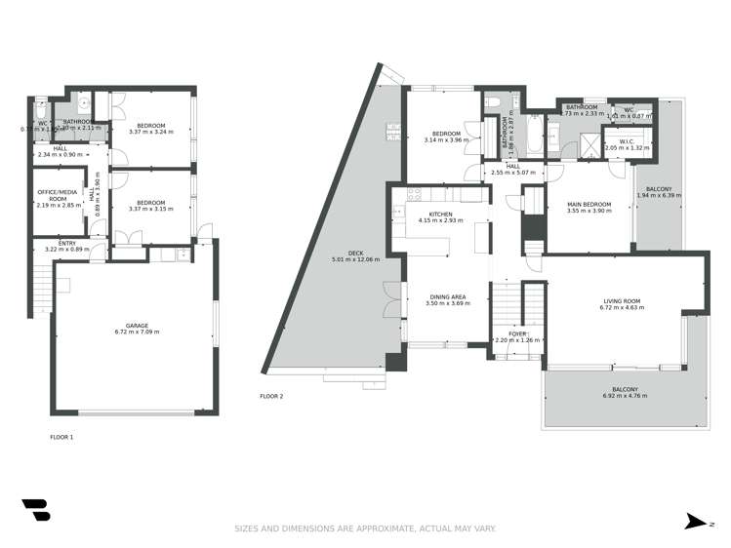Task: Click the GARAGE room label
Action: (x=137, y=326)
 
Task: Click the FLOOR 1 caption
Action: (x=61, y=437)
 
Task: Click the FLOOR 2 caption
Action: (x=271, y=396)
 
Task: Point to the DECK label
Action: (x=355, y=253)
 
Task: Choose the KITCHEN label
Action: (x=441, y=214)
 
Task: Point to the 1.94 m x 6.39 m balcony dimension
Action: (x=659, y=196)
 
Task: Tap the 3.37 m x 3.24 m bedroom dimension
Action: (x=150, y=131)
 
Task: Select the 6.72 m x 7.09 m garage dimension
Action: (x=137, y=332)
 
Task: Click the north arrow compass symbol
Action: (x=694, y=523)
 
